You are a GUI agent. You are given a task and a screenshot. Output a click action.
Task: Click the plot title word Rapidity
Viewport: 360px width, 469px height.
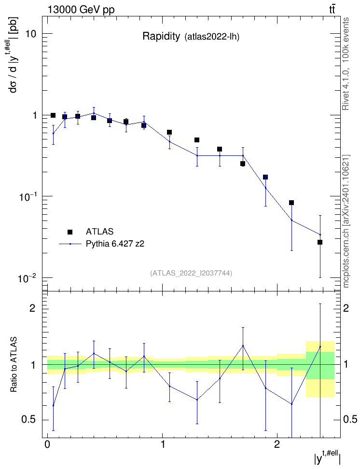(161, 37)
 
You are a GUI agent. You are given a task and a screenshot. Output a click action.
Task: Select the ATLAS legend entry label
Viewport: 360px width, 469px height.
(99, 232)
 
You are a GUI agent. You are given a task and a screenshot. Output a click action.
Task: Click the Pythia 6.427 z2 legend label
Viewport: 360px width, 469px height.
(115, 244)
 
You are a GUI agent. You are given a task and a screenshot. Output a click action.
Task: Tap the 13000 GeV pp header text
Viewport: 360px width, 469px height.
(81, 10)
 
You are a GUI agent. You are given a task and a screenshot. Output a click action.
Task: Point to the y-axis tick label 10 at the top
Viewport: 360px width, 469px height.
(30, 34)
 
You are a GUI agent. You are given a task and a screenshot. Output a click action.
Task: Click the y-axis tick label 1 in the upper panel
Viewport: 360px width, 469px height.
(34, 115)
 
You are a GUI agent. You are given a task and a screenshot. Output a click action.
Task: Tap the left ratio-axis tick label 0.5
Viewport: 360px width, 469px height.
(29, 420)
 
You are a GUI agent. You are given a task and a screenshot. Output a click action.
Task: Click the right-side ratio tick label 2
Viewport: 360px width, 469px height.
(346, 308)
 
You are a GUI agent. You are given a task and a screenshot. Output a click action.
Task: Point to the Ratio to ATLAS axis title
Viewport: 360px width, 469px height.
(14, 365)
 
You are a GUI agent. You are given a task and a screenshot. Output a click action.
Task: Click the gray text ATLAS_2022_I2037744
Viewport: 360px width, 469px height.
(191, 273)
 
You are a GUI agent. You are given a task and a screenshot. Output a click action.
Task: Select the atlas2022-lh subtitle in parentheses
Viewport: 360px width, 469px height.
(212, 37)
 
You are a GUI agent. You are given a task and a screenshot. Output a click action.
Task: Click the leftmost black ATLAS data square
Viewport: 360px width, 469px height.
(53, 115)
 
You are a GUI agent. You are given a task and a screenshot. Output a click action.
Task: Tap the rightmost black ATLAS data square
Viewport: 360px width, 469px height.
(320, 242)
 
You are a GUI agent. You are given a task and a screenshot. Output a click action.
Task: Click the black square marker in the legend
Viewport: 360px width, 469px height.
(70, 232)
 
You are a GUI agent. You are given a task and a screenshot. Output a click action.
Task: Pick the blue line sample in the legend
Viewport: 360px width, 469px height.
(70, 244)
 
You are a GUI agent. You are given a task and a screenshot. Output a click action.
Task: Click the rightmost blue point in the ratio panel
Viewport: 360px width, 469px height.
(320, 346)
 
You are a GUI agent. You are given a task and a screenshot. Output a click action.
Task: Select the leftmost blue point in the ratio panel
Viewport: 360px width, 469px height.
(53, 406)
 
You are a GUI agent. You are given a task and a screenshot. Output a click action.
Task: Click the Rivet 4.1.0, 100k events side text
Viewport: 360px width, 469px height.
(346, 64)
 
